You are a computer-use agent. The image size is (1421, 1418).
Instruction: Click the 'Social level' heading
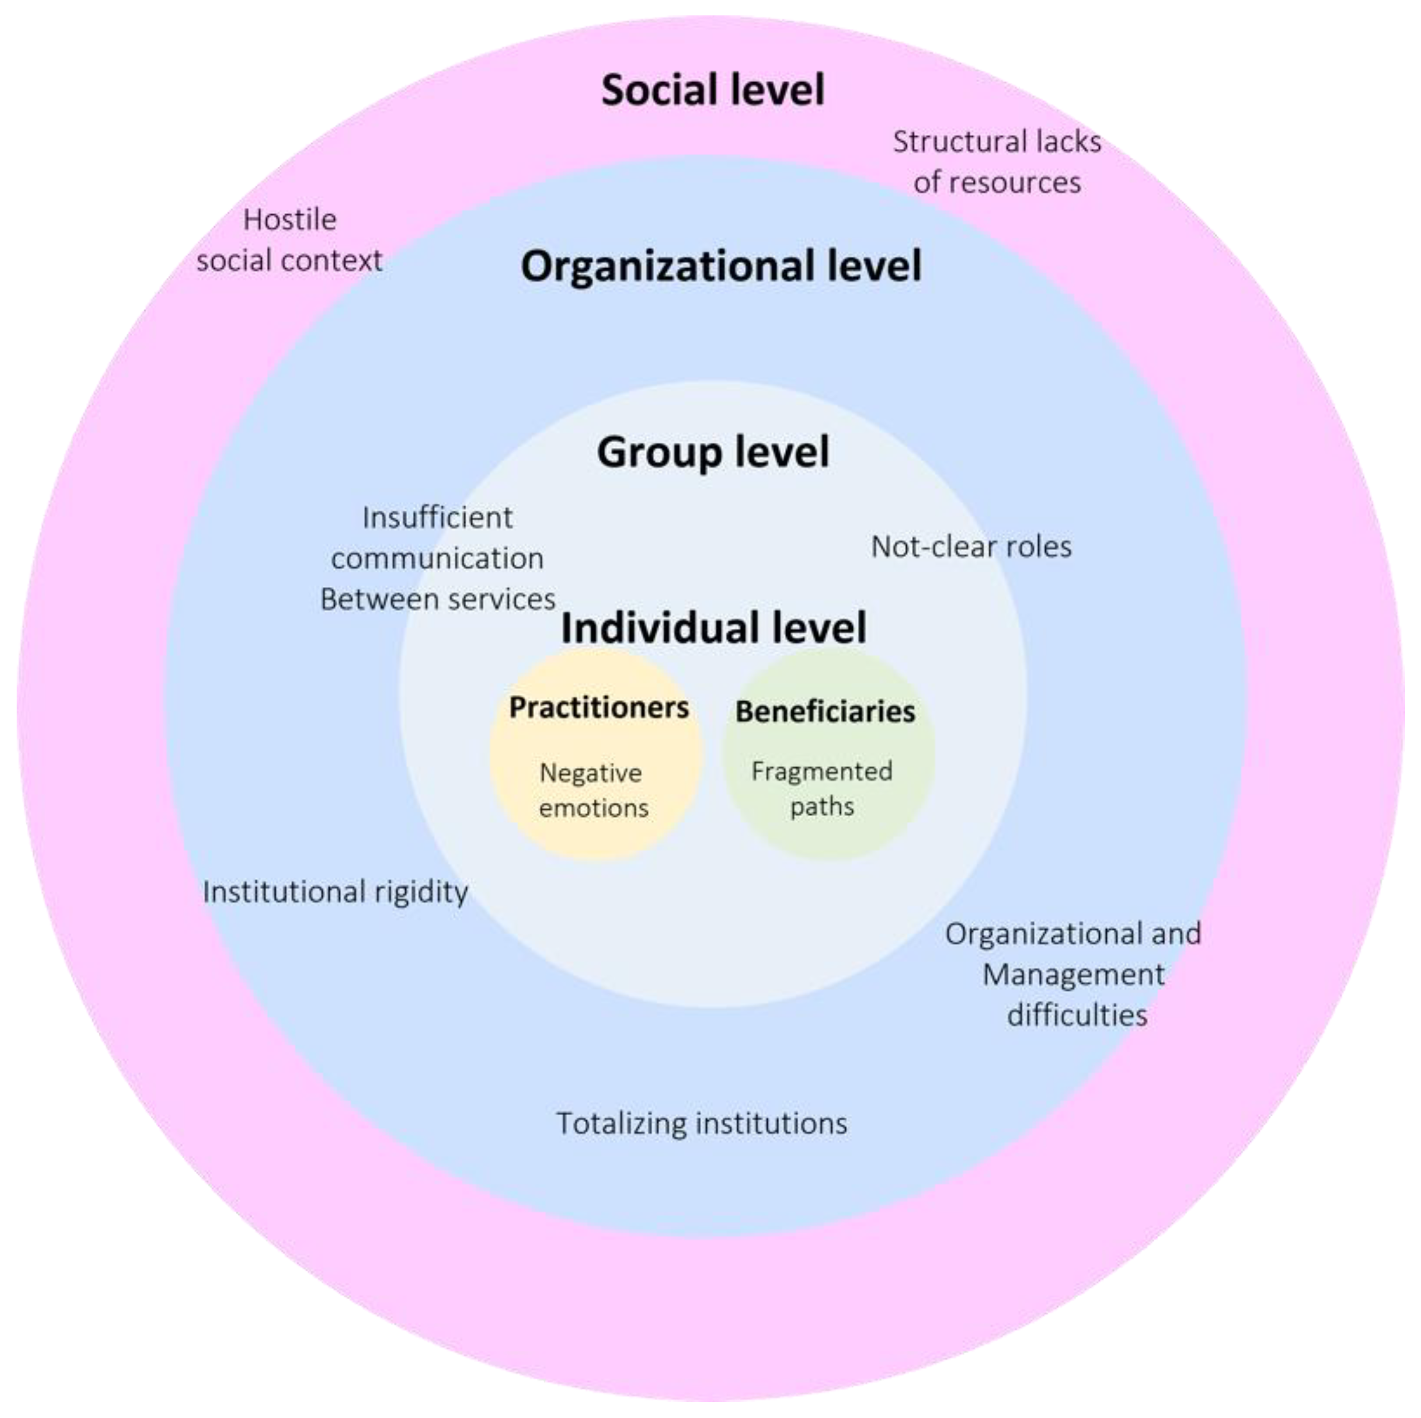tap(712, 90)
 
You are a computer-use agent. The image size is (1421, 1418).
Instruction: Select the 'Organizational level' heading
tap(721, 266)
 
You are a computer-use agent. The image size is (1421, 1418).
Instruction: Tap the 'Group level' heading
tap(712, 451)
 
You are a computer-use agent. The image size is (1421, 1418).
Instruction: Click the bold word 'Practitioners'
tap(599, 707)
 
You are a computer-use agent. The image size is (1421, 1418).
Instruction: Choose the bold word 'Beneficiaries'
tap(825, 711)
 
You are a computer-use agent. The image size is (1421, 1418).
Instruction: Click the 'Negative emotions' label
tap(593, 790)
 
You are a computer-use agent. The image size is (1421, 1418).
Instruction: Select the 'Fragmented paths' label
tap(821, 788)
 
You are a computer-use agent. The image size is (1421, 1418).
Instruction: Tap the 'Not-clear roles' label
tap(971, 546)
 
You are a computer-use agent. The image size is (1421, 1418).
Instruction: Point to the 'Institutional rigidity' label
tap(335, 891)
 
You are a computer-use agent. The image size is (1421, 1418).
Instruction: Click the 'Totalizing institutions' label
tap(702, 1123)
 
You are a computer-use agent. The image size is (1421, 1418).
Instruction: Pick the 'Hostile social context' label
tap(289, 240)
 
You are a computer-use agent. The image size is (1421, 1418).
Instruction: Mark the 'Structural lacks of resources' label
tap(996, 162)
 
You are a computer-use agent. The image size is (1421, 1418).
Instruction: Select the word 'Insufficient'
tap(437, 517)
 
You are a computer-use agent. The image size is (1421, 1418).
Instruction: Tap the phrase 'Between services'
tap(437, 599)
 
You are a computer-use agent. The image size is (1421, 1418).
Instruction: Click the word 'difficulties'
tap(1077, 1015)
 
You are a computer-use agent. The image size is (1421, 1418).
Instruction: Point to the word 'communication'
tap(437, 558)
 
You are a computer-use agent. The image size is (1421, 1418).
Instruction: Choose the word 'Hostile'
tap(290, 219)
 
